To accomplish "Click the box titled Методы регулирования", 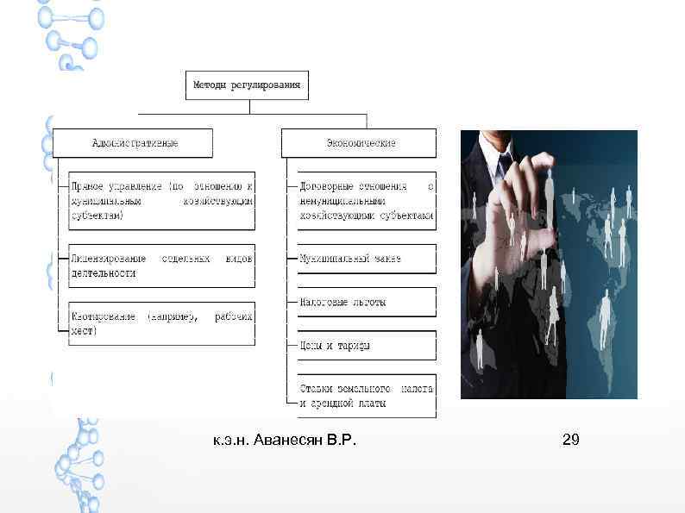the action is tap(247, 84).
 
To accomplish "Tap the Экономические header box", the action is tap(360, 142).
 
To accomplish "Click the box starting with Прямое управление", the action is tap(161, 200).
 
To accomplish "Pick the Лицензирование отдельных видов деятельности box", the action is tap(161, 266).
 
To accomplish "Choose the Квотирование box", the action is tap(161, 323).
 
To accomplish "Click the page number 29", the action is tap(570, 441).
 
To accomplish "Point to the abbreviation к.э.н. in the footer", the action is tap(232, 441).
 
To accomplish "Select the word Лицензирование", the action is tap(104, 259).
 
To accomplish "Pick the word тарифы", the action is tap(353, 347).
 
